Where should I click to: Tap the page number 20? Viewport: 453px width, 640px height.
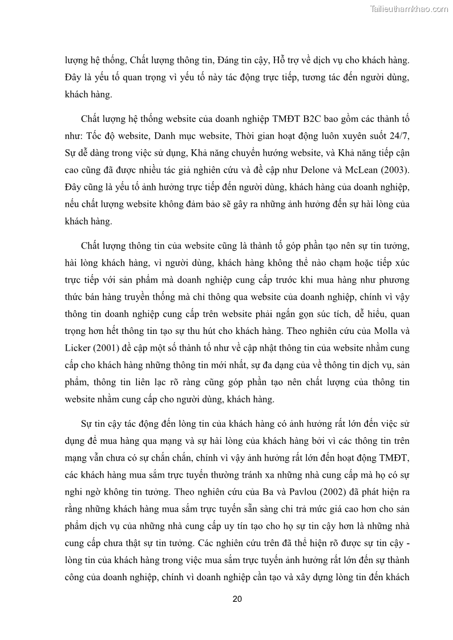[x=238, y=599]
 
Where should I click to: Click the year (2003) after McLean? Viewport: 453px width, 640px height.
[x=394, y=170]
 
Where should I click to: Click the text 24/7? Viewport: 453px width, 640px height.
[x=400, y=137]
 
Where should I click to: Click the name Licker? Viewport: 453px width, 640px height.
[x=79, y=347]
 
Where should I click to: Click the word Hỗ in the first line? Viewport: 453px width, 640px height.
[x=282, y=60]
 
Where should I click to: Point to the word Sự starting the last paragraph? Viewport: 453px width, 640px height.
[x=88, y=425]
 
